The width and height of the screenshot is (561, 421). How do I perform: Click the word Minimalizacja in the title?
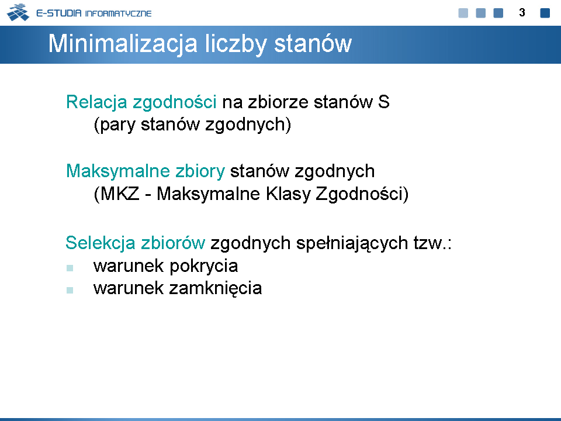click(123, 44)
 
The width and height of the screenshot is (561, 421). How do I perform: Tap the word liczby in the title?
click(236, 44)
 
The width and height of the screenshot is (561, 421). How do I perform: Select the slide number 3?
click(522, 12)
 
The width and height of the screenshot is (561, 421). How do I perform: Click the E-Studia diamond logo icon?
click(18, 12)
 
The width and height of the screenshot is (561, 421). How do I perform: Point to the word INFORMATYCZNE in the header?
click(119, 13)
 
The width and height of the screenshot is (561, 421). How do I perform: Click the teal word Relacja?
click(96, 102)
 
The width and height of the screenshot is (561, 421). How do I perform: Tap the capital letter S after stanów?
click(383, 102)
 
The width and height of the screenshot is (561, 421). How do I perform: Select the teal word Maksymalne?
click(118, 171)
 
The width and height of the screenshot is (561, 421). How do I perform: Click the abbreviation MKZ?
click(119, 194)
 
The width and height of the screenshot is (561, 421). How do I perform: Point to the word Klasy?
click(288, 194)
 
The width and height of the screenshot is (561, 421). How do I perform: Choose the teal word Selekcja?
click(100, 243)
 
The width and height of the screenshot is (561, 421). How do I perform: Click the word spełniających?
click(352, 243)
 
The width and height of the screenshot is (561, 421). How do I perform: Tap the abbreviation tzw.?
click(432, 243)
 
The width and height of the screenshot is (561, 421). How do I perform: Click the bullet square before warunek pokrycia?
click(70, 268)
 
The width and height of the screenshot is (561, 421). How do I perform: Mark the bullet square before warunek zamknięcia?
click(70, 290)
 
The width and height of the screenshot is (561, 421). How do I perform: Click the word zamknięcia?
click(216, 288)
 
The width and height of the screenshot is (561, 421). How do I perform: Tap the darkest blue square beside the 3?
click(545, 13)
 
